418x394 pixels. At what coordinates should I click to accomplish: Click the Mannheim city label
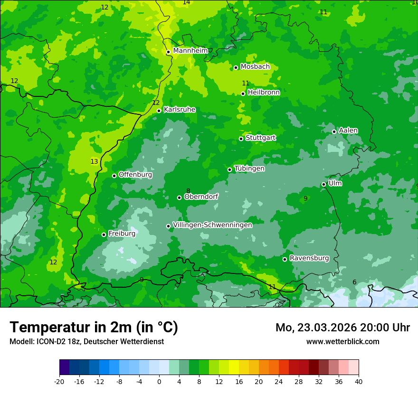[190, 50]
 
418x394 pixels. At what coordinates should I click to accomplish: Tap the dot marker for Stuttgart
[241, 139]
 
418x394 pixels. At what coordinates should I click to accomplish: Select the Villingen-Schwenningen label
[212, 225]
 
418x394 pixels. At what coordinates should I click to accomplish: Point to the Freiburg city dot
[104, 235]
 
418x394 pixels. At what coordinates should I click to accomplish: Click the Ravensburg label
[309, 258]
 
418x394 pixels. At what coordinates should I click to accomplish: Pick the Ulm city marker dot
[323, 184]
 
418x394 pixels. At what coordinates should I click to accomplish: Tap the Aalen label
[348, 130]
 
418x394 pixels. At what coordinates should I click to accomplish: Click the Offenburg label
[135, 174]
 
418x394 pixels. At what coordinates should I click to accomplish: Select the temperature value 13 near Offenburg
[94, 161]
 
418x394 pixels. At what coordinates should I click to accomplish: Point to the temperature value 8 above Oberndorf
[188, 191]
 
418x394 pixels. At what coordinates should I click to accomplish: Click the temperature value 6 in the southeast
[354, 282]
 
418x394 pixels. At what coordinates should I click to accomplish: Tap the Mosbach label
[255, 66]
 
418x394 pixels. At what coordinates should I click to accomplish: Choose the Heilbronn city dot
[243, 94]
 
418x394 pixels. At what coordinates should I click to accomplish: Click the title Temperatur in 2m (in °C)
[94, 327]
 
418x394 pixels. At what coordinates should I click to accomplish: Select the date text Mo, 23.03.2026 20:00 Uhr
[342, 328]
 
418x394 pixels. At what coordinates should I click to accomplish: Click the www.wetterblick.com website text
[342, 341]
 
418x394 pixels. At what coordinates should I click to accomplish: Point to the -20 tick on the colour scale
[59, 381]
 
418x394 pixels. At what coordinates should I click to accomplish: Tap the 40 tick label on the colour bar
[359, 381]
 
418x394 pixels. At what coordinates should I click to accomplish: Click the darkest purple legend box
[64, 367]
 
